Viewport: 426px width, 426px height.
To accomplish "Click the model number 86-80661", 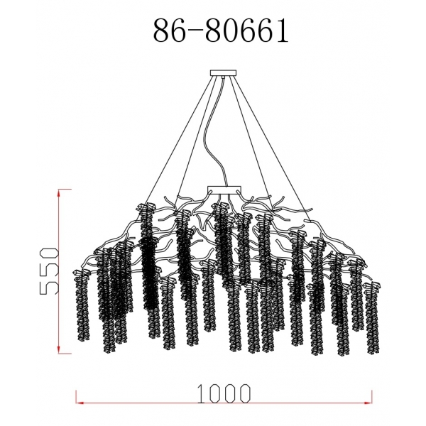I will pos(220,31).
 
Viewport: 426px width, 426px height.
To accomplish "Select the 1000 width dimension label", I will pos(225,391).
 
